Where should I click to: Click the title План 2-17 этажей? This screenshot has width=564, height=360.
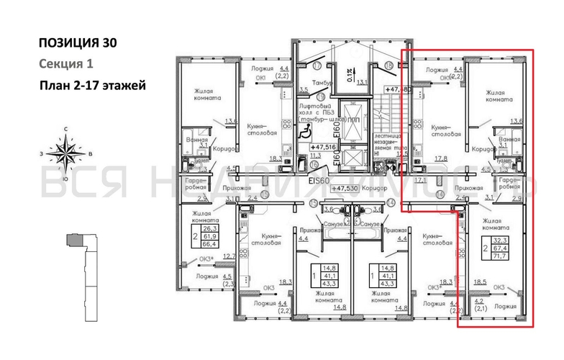[94, 86]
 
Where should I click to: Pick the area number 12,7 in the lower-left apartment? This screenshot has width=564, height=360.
[229, 256]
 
